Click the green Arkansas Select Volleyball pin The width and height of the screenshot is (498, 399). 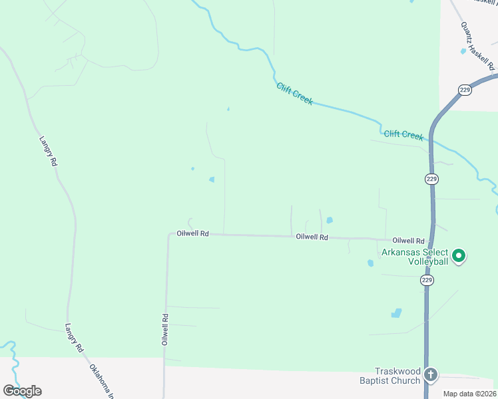pyautogui.click(x=458, y=255)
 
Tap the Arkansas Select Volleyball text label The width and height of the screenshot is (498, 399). pyautogui.click(x=414, y=257)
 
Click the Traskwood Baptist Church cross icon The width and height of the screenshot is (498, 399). pyautogui.click(x=431, y=375)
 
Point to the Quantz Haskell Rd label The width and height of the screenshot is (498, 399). pyautogui.click(x=477, y=46)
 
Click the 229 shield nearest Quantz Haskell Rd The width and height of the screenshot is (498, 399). pyautogui.click(x=465, y=90)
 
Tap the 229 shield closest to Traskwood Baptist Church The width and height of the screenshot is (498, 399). pyautogui.click(x=427, y=281)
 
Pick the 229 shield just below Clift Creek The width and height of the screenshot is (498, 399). pyautogui.click(x=431, y=179)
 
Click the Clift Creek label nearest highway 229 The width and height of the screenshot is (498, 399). pyautogui.click(x=403, y=135)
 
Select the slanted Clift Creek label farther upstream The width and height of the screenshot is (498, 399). pyautogui.click(x=294, y=94)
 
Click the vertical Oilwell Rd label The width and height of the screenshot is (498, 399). pyautogui.click(x=164, y=329)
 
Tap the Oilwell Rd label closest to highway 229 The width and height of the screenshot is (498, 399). pyautogui.click(x=408, y=241)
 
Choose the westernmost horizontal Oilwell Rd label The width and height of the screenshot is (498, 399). pyautogui.click(x=193, y=233)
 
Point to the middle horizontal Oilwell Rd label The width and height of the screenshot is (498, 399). pyautogui.click(x=312, y=237)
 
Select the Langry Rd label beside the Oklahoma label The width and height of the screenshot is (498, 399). pyautogui.click(x=73, y=338)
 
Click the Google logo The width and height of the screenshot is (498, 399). pyautogui.click(x=22, y=391)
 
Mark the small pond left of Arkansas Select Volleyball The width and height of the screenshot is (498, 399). pyautogui.click(x=370, y=263)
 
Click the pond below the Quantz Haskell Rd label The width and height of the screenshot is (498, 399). pyautogui.click(x=463, y=51)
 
